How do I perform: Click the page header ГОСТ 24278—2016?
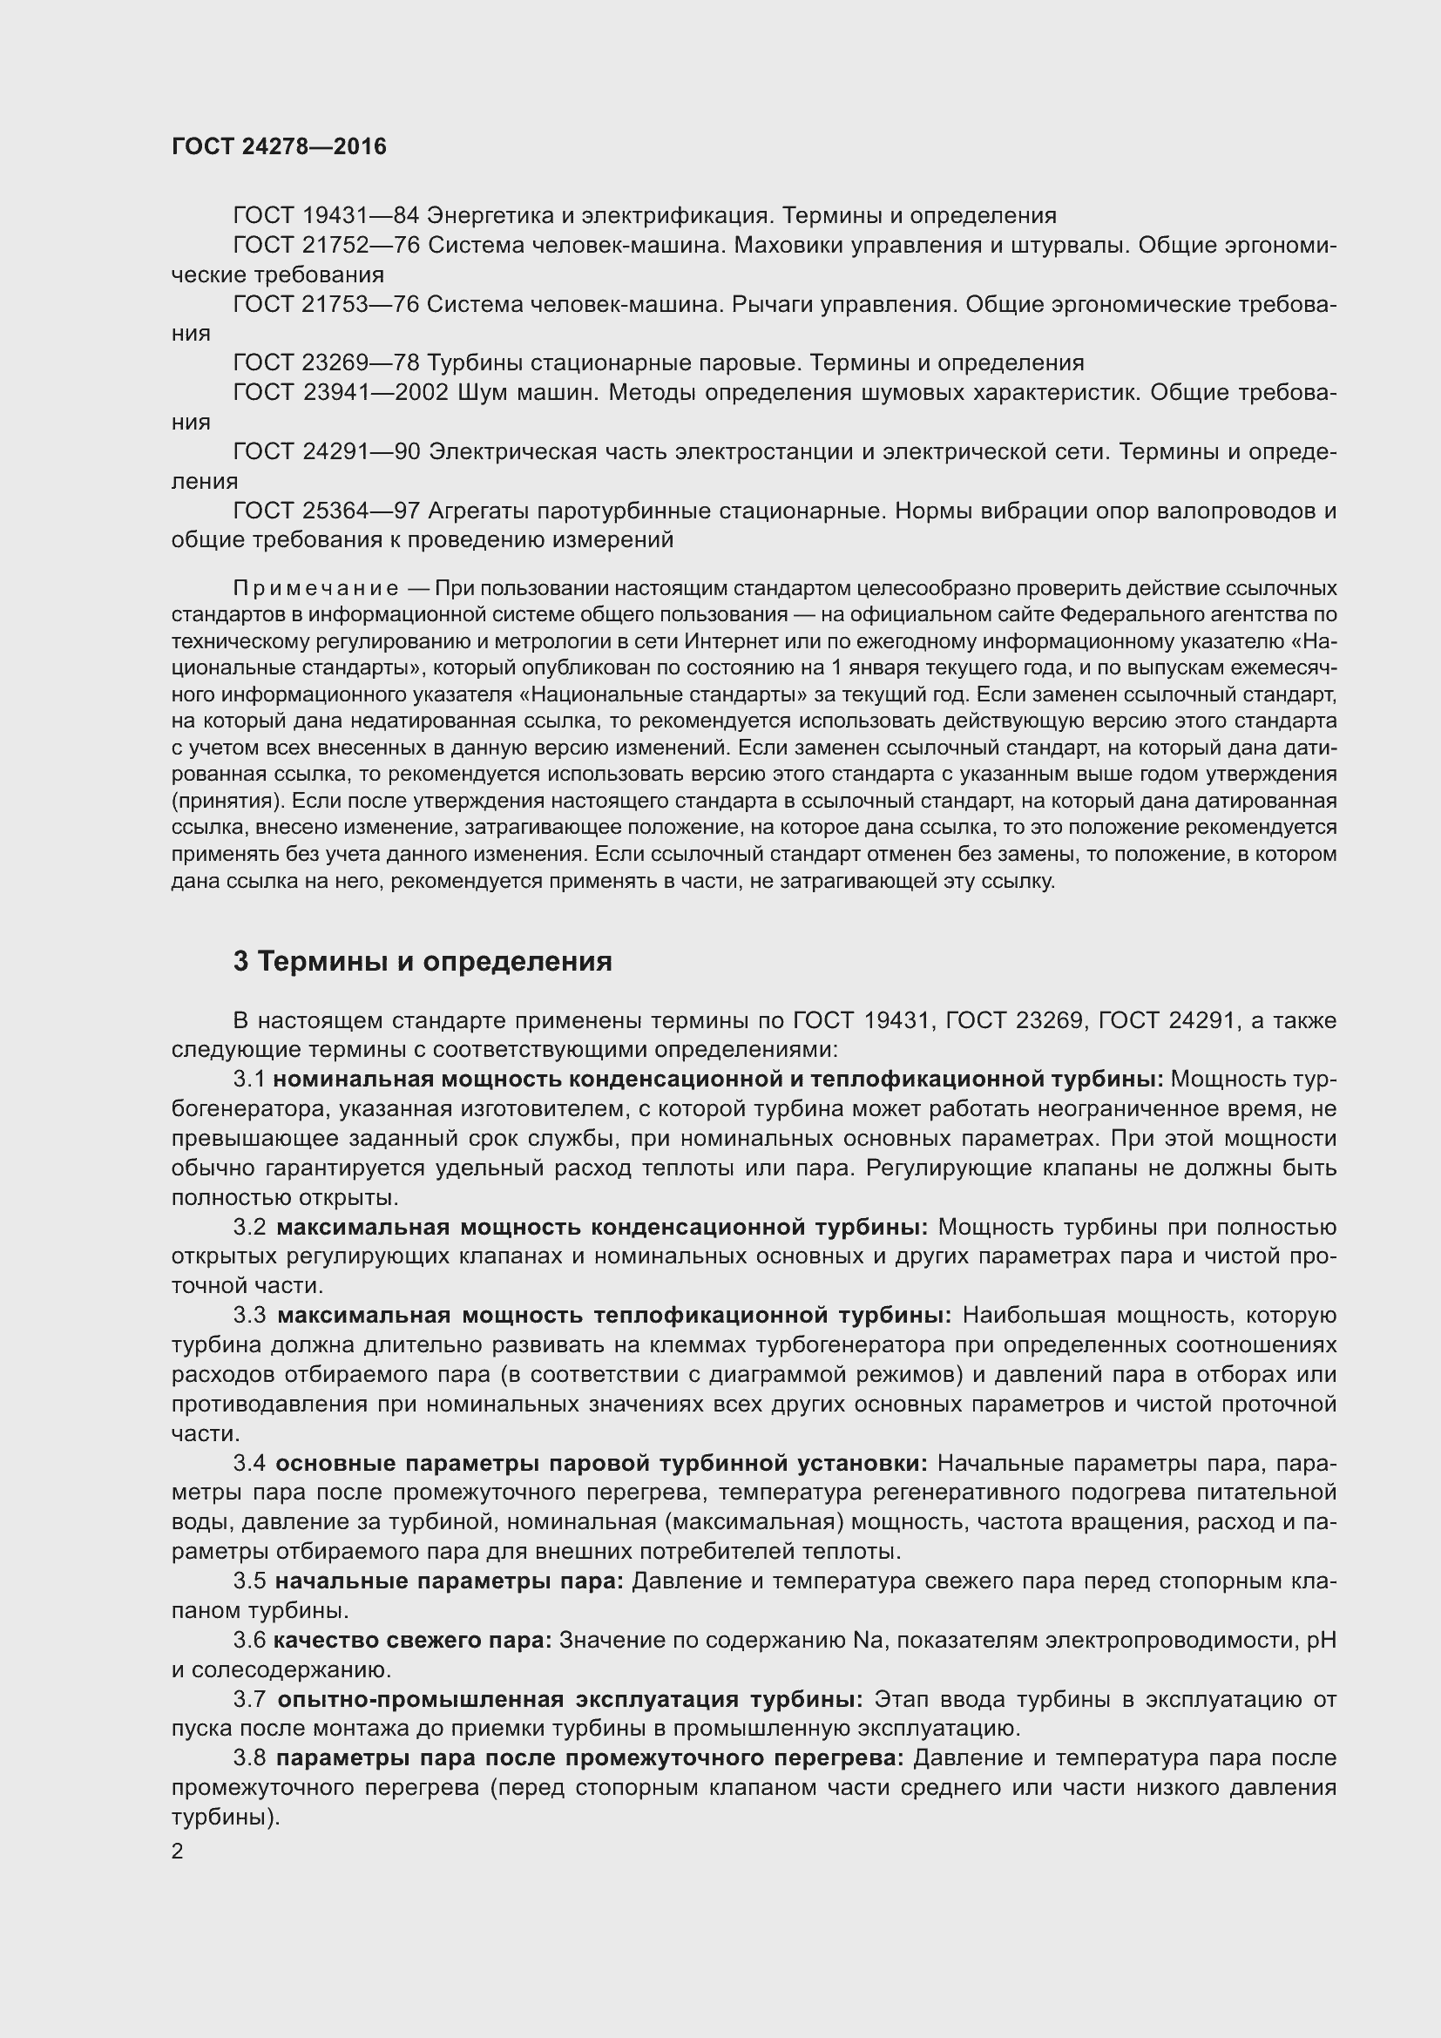279,146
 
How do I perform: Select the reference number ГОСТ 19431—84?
325,216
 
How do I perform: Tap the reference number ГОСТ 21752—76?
325,245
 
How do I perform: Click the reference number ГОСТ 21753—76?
325,304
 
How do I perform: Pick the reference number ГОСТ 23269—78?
325,363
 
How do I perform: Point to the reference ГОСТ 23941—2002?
341,392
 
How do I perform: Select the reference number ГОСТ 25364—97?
325,511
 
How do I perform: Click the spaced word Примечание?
315,588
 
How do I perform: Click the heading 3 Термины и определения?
423,961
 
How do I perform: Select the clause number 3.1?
249,1080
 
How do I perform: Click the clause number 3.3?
249,1316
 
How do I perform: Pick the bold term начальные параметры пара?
449,1581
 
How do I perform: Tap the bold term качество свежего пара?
413,1641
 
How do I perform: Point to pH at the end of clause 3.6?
1323,1641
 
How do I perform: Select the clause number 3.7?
249,1699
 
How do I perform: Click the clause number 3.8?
249,1758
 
